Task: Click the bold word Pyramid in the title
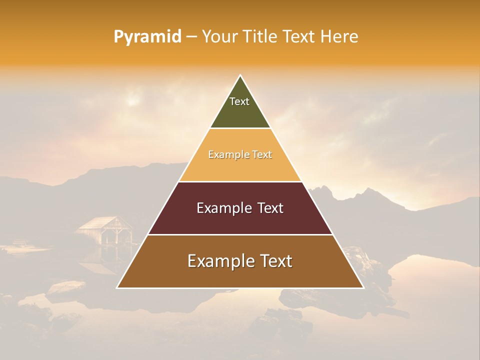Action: click(147, 37)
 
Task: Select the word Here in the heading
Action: click(339, 37)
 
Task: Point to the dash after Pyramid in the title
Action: click(191, 37)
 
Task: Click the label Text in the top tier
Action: click(239, 101)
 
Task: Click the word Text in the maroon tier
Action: click(266, 208)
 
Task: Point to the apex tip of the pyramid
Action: click(240, 76)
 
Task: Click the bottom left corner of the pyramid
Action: click(117, 287)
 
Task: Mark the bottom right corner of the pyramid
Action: click(363, 287)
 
